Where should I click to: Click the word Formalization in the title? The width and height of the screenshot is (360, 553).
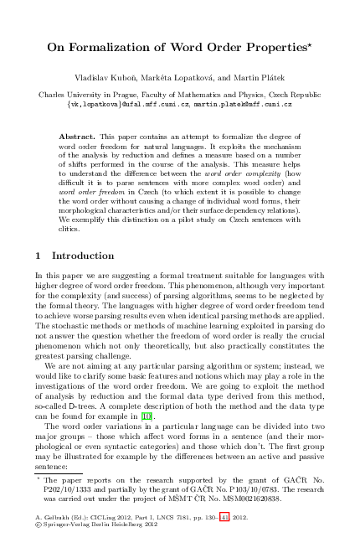[x=133, y=49]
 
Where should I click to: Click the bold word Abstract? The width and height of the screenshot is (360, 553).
[x=79, y=135]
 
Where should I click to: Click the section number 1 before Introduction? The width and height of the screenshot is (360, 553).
[x=39, y=255]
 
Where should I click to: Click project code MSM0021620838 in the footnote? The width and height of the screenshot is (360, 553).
[x=243, y=497]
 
